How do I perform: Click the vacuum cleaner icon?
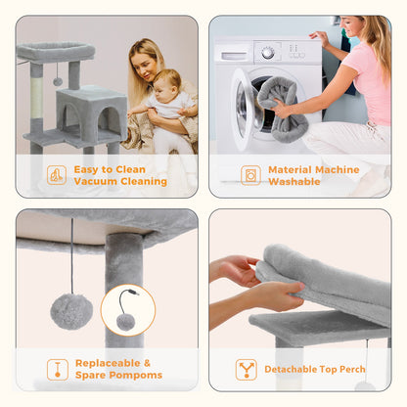point(57,175)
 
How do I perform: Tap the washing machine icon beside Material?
point(250,175)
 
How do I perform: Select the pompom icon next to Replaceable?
point(58,370)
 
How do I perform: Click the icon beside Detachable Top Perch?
point(247,370)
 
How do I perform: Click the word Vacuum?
point(93,181)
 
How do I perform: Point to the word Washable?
point(294,182)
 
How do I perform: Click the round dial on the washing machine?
point(268,53)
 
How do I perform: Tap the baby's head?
point(167,83)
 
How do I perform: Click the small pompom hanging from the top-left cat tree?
point(58,81)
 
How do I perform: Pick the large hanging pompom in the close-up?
point(71,311)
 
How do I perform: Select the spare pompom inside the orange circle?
point(126,322)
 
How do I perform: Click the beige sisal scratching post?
point(36,97)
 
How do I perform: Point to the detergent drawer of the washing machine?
point(234,56)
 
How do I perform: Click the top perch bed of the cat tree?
point(56,52)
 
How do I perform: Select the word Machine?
point(338,170)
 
